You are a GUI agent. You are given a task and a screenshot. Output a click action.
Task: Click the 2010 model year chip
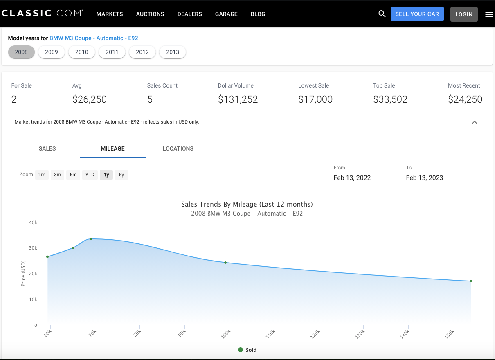pos(81,52)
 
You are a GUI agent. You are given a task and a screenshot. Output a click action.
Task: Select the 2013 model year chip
pos(173,52)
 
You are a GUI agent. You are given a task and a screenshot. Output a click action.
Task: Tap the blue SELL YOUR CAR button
pos(417,14)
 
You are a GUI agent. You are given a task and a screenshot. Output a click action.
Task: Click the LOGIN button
pos(464,14)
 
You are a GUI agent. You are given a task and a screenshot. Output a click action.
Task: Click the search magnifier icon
pos(382,13)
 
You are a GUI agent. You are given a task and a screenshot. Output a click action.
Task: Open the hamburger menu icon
pos(489,14)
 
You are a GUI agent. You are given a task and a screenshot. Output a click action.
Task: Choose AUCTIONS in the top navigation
pos(150,14)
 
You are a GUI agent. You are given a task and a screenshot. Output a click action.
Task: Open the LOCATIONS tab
pos(178,148)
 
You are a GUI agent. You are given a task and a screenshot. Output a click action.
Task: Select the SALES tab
pos(47,148)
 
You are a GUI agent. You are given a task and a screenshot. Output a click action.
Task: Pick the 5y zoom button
pos(122,175)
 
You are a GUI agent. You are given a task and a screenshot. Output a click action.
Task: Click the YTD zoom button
pos(90,175)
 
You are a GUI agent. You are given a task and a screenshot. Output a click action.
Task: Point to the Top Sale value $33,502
pos(390,99)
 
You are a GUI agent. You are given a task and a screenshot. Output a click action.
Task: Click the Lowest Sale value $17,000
pos(315,99)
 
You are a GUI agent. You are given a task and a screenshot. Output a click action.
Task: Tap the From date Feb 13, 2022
pos(352,178)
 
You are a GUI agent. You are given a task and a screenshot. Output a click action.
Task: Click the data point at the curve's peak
pos(91,239)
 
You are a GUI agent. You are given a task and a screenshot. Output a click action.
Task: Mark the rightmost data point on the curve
pos(471,281)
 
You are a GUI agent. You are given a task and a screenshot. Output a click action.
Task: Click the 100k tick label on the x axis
pos(226,334)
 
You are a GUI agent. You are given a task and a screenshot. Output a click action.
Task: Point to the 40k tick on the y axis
pos(33,223)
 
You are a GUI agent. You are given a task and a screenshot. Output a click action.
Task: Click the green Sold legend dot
pos(241,350)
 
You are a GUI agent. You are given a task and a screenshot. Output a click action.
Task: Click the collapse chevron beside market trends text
pos(475,122)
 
